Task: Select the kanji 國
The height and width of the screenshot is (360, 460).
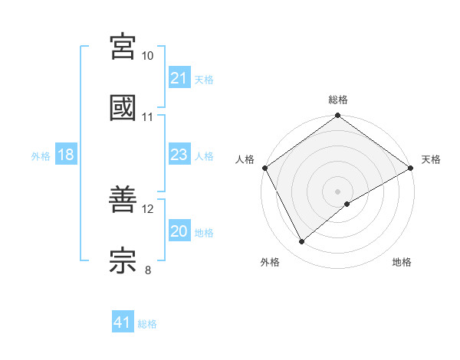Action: click(x=123, y=108)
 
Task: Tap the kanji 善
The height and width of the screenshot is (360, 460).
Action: click(x=123, y=200)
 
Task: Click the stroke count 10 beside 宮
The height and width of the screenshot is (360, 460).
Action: click(x=148, y=56)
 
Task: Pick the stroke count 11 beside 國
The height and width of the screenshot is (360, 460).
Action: click(x=148, y=117)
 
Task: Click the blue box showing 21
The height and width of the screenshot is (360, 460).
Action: click(x=179, y=78)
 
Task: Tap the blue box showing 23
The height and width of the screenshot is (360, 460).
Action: click(x=179, y=155)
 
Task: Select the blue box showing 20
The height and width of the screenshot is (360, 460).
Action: click(x=179, y=231)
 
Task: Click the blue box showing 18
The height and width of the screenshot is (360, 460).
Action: click(x=66, y=155)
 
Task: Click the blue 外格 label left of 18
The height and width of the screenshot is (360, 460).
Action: click(x=41, y=155)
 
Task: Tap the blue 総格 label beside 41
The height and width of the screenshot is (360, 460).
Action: click(x=147, y=324)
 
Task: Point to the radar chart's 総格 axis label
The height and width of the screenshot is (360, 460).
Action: click(x=338, y=100)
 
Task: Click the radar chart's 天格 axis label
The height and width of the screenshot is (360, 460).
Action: click(x=431, y=159)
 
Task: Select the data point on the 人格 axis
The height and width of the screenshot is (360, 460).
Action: click(x=264, y=168)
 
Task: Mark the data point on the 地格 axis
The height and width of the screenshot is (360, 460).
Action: click(x=347, y=204)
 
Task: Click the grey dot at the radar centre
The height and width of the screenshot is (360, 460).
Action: click(x=338, y=191)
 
